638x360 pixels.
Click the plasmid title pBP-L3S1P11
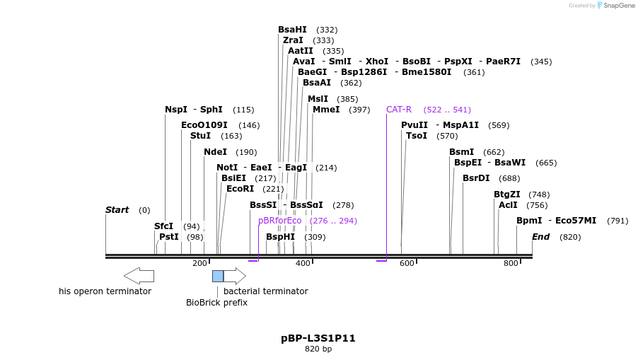(x=318, y=338)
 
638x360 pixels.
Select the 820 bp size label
(x=318, y=349)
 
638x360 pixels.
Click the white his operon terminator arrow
(x=139, y=276)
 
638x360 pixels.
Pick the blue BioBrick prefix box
(x=218, y=276)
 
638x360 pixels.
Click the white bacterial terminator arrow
(x=235, y=276)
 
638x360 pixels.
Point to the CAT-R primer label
(x=399, y=110)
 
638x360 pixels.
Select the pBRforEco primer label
(x=279, y=221)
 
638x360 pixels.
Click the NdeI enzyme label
(x=215, y=152)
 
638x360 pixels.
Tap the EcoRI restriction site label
(x=240, y=189)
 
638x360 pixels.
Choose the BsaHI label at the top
(x=292, y=30)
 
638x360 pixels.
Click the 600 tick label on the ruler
(x=407, y=263)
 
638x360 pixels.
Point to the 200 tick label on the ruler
(x=199, y=263)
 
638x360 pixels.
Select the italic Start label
(x=117, y=210)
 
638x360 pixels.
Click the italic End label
(x=540, y=237)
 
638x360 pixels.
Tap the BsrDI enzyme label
(x=476, y=178)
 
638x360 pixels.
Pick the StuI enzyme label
(x=200, y=136)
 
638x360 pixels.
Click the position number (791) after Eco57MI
(x=617, y=221)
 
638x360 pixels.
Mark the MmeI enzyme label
(x=326, y=110)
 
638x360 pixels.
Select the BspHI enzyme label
(x=280, y=237)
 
